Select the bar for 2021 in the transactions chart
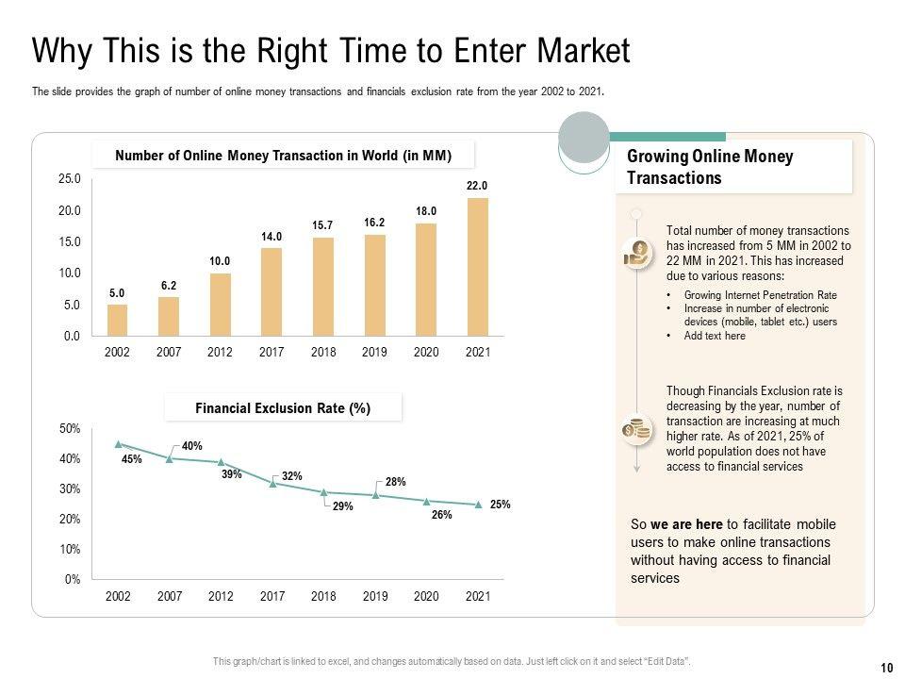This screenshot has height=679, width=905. point(478,267)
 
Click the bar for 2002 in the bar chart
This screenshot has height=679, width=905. point(118,321)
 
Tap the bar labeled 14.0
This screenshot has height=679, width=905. point(271,291)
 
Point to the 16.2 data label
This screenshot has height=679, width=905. point(374,223)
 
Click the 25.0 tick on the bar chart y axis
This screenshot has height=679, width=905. point(70,178)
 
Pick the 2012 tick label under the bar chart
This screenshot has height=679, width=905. point(221,352)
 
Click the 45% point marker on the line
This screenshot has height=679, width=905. point(118,443)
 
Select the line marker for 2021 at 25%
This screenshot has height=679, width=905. point(478,505)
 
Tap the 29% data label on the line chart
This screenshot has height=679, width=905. point(342,506)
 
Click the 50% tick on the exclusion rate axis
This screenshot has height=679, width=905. point(70,429)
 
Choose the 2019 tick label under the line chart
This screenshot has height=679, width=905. point(375,596)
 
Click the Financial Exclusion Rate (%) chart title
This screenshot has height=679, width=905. point(283,408)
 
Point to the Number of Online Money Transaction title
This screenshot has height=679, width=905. point(283,156)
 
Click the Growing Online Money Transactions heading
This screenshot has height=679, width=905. point(710,167)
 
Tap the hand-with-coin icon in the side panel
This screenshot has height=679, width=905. point(637,253)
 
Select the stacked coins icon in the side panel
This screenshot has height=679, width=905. point(637,430)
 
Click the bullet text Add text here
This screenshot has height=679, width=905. point(715,336)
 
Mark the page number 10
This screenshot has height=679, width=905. point(886,668)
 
